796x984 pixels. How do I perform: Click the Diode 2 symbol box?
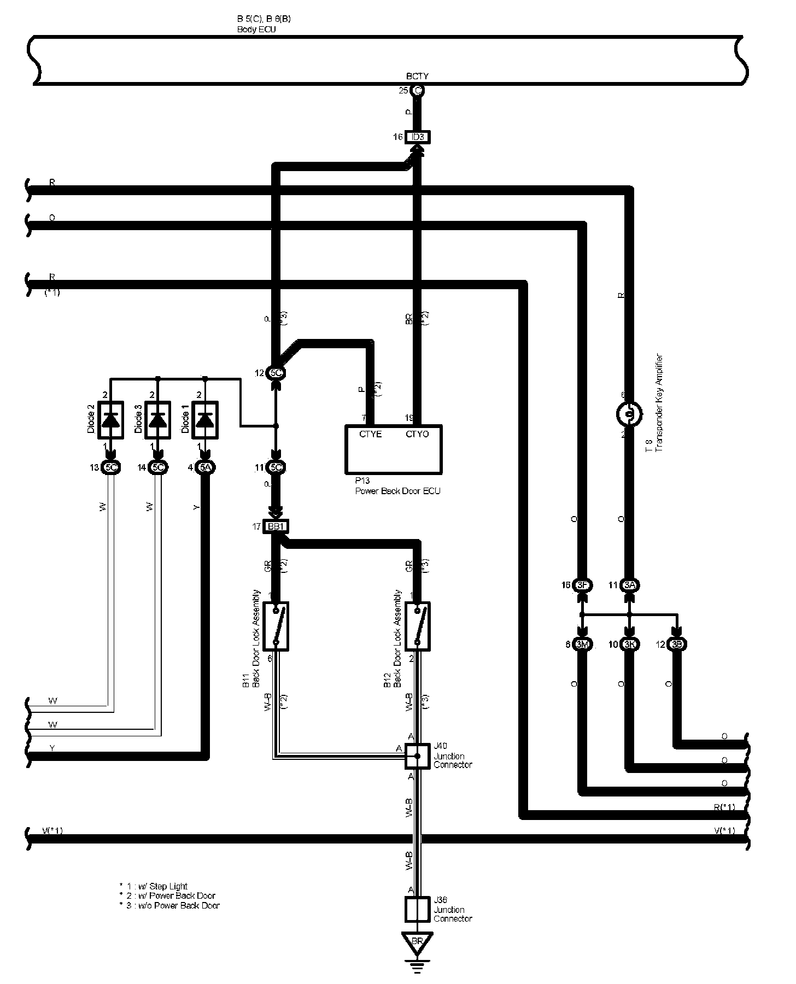click(x=110, y=420)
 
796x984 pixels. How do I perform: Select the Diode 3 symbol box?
click(x=157, y=420)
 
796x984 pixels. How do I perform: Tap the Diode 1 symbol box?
click(x=204, y=420)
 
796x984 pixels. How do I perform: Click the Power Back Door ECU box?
click(x=393, y=449)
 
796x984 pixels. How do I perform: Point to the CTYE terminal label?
click(x=370, y=435)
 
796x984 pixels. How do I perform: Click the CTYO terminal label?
click(x=417, y=435)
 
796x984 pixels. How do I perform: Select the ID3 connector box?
click(x=417, y=137)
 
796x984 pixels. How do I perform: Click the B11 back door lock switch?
click(x=276, y=626)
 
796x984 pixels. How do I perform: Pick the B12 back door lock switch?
click(x=418, y=626)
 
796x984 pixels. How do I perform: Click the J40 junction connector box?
click(x=418, y=756)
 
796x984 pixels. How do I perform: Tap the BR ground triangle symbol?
click(x=417, y=942)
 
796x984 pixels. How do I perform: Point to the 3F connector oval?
click(x=582, y=585)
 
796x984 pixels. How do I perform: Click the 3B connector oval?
click(x=677, y=645)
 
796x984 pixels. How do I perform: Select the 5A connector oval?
click(x=205, y=467)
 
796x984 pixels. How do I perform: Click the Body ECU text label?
click(x=256, y=30)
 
